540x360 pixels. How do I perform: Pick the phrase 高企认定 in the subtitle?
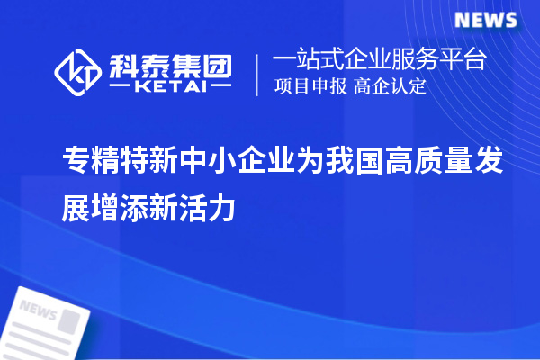click(x=390, y=87)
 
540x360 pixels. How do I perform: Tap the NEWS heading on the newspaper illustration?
click(x=38, y=310)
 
